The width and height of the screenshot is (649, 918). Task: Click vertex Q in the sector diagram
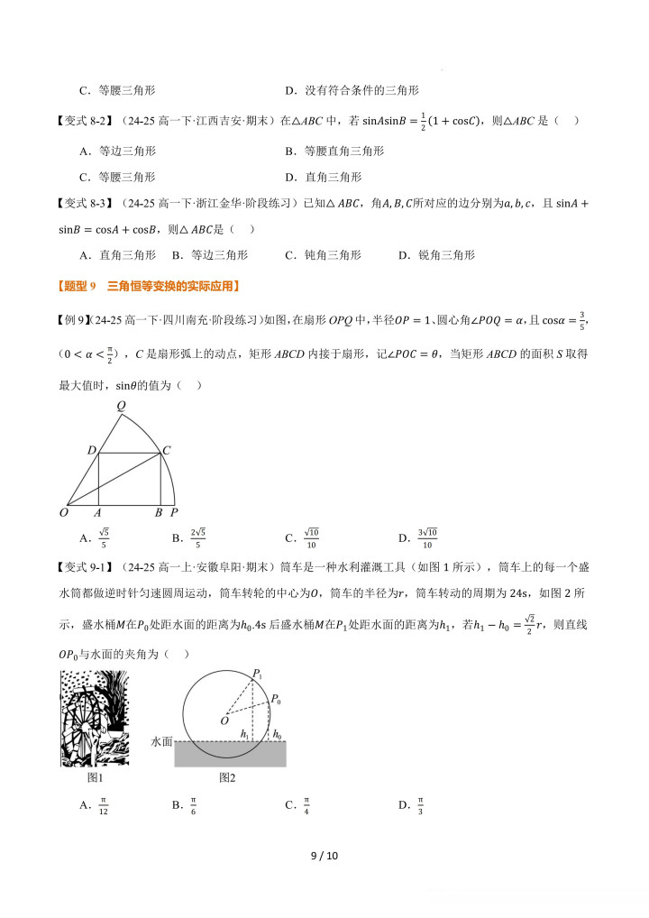coord(121,405)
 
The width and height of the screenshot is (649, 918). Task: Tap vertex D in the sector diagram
coord(91,449)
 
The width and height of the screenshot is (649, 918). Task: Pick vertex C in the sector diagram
coord(166,449)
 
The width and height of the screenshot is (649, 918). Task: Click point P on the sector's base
coord(174,513)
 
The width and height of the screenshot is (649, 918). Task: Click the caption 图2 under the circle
coord(227,777)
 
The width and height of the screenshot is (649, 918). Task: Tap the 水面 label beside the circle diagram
coord(162,741)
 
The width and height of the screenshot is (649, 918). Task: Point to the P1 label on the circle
coord(257,674)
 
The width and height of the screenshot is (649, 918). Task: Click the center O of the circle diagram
coord(224,721)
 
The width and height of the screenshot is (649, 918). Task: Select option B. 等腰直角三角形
coord(334,151)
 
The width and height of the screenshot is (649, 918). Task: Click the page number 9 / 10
coord(324,856)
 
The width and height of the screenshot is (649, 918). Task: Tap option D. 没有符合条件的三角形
coord(352,90)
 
